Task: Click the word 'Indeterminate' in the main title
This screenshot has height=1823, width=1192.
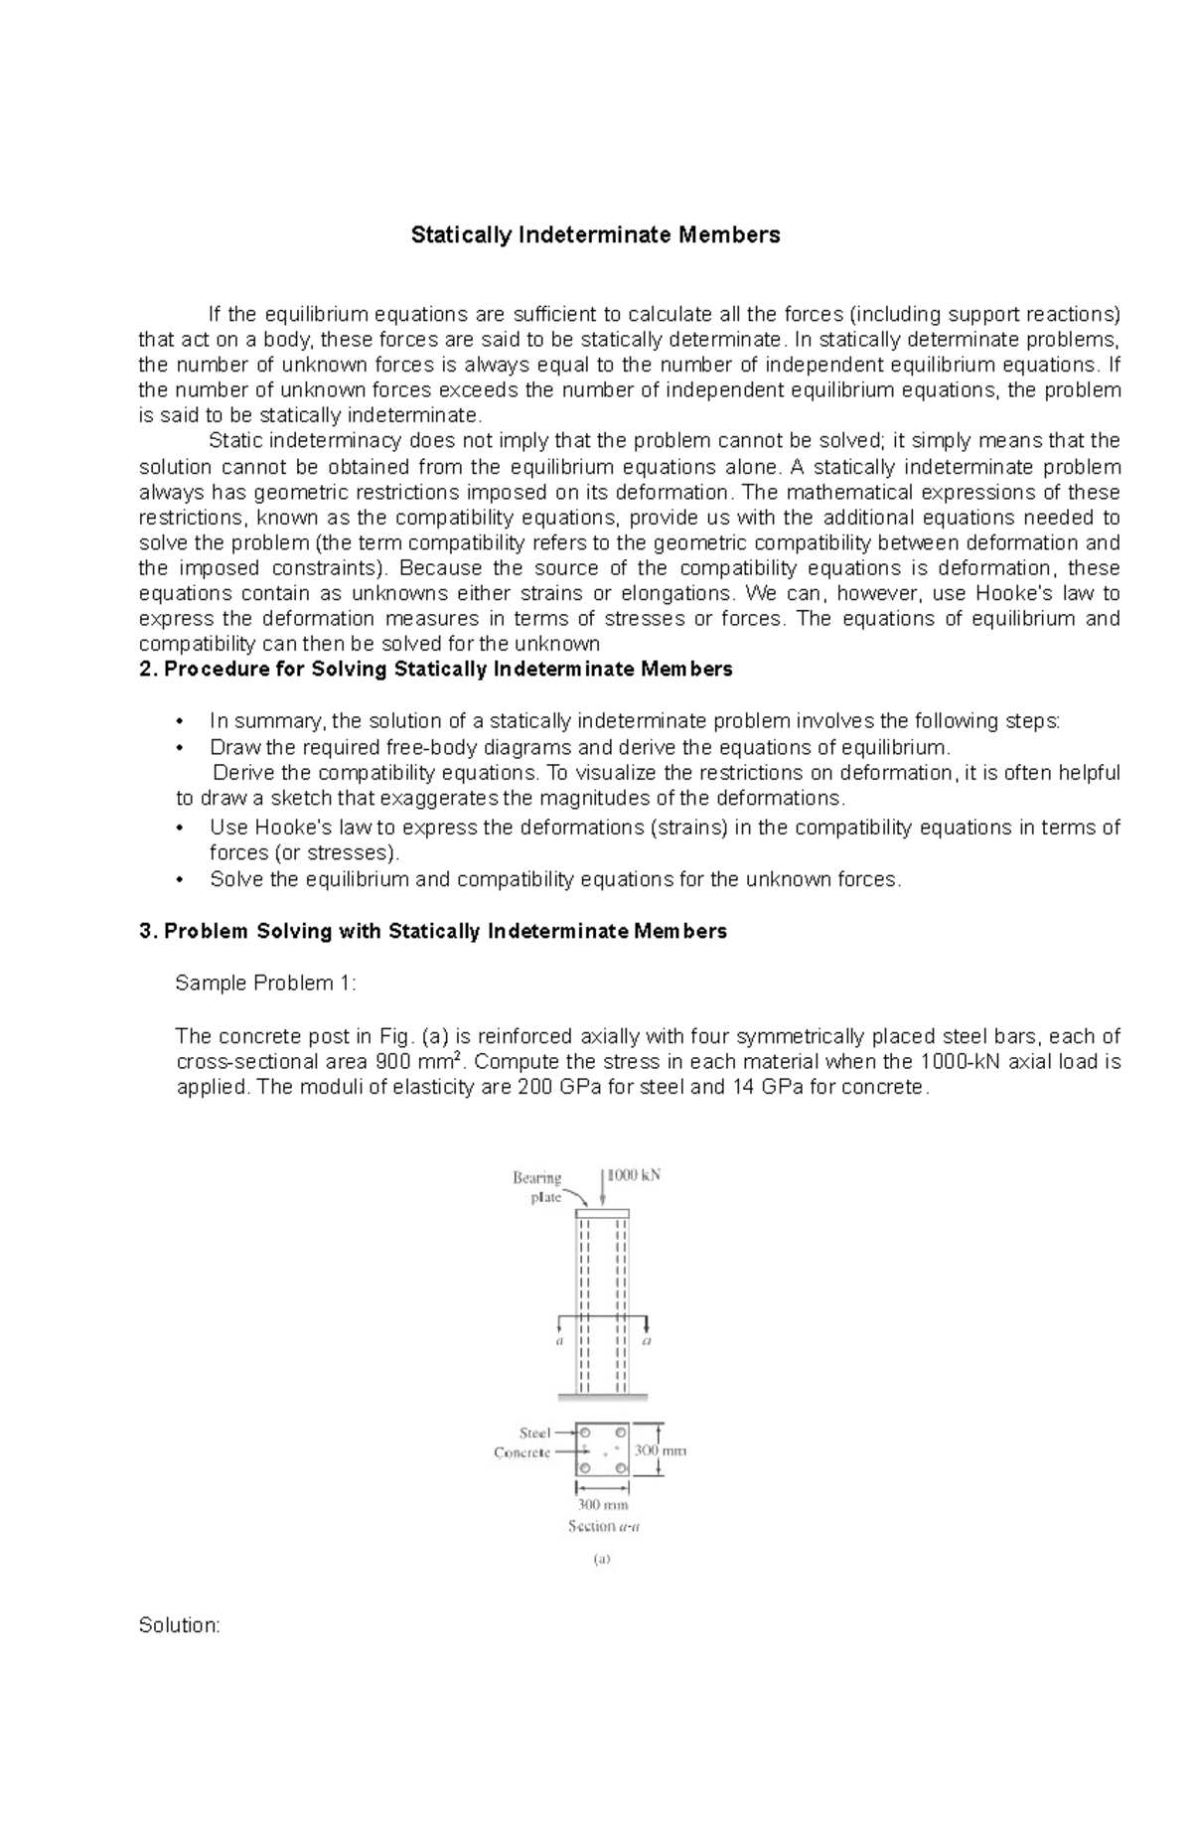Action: (596, 235)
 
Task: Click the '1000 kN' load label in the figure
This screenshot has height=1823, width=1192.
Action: (634, 1175)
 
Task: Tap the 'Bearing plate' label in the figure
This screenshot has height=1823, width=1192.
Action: (537, 1187)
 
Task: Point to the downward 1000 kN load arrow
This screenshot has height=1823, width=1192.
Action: (602, 1188)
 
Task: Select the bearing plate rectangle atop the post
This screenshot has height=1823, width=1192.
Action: (602, 1213)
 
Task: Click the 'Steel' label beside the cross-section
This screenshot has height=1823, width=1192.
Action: (534, 1433)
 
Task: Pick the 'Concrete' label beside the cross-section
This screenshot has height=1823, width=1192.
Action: (521, 1452)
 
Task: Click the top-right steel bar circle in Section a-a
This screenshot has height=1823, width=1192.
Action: (620, 1433)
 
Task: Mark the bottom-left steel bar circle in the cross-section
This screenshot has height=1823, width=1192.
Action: (585, 1467)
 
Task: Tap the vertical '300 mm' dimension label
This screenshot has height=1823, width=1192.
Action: (660, 1450)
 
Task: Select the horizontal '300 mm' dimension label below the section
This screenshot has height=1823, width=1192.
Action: (603, 1505)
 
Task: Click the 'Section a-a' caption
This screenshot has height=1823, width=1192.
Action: (603, 1526)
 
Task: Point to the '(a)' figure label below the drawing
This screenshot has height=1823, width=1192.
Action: (602, 1560)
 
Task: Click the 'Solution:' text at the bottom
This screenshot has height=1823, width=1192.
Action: (179, 1626)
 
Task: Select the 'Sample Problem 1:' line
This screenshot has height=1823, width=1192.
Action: (265, 984)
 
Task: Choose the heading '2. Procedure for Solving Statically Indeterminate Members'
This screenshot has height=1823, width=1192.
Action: (436, 670)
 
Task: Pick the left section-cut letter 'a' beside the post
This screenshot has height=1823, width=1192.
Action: (559, 1340)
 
